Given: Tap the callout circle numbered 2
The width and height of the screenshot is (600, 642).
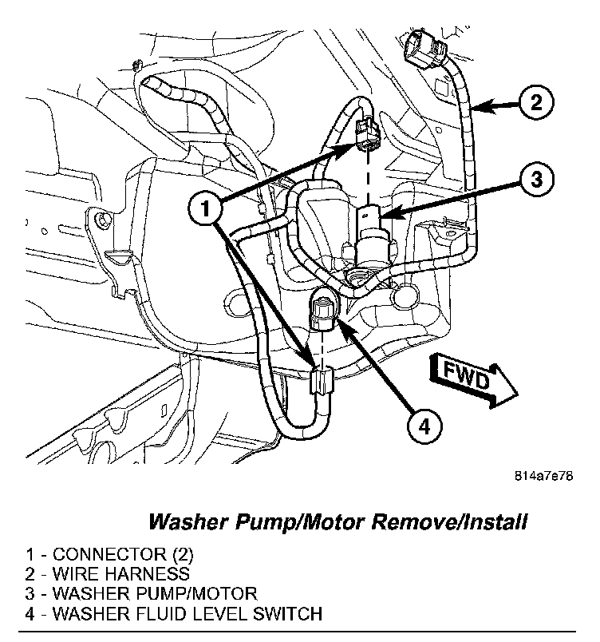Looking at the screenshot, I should [x=535, y=103].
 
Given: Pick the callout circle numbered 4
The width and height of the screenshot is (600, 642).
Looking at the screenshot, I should [x=424, y=428].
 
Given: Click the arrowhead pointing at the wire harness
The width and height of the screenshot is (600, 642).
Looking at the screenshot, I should [x=478, y=104].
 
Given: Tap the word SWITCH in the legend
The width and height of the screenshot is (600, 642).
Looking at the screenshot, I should [x=293, y=614].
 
